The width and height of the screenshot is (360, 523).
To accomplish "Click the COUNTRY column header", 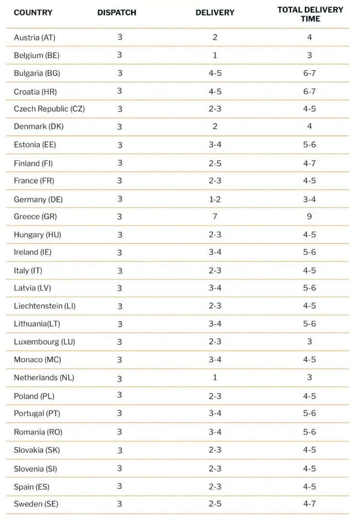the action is point(33,12).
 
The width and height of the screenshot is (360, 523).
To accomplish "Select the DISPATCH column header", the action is point(117,12).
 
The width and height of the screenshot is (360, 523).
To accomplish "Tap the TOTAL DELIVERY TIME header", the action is point(310,14).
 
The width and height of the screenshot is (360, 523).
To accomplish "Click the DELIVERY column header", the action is point(215,12).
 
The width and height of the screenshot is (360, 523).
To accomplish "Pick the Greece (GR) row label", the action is point(35,217).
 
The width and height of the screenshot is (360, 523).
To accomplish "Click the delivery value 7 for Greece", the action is point(215,217).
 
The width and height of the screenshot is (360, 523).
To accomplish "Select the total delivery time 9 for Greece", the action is point(310,217).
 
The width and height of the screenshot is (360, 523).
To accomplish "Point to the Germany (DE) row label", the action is point(39,200).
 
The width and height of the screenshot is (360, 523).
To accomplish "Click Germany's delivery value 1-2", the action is point(215,200).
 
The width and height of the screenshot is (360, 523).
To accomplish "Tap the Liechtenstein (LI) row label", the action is point(45,306).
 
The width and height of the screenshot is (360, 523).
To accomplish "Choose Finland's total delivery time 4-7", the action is point(310,164).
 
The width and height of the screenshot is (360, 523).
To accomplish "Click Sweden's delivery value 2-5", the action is point(215,503).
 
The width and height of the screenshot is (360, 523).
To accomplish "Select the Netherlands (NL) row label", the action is point(44,378).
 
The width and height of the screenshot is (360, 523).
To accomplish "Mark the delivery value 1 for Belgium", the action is point(215,55).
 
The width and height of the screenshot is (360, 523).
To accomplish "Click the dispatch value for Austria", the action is point(120,37).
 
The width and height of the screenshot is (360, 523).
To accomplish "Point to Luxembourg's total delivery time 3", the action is point(310,342).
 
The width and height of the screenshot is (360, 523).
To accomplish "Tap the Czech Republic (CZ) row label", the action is point(49,109).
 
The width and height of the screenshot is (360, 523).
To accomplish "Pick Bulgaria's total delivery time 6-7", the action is point(310,73).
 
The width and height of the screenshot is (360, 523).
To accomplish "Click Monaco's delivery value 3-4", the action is point(215,359).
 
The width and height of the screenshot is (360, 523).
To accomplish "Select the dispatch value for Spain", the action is point(120,486).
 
